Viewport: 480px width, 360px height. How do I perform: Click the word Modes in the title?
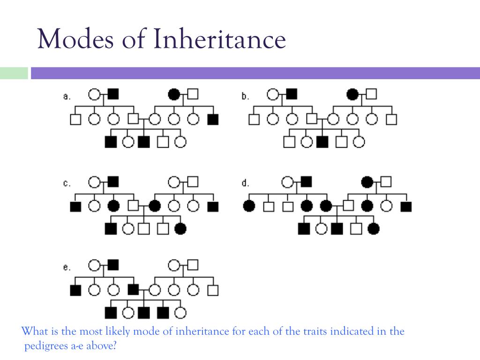(x=75, y=39)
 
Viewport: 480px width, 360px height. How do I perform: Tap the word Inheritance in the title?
(x=219, y=39)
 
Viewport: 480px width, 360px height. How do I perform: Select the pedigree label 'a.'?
(x=67, y=97)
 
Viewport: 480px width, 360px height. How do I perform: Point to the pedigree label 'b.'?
(x=245, y=97)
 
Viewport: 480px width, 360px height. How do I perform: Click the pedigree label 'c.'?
(x=67, y=183)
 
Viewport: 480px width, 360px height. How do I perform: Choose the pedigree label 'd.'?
(x=245, y=183)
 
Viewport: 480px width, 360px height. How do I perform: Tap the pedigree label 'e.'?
(x=67, y=268)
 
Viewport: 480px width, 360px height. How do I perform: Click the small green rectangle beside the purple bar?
(x=14, y=74)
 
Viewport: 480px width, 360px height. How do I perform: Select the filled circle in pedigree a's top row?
(x=174, y=95)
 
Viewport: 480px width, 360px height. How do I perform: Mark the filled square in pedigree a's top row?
(x=113, y=94)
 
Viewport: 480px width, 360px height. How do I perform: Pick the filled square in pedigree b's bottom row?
(x=322, y=141)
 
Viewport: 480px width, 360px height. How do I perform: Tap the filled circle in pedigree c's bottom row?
(x=180, y=229)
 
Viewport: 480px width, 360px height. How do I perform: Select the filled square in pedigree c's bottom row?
(x=111, y=229)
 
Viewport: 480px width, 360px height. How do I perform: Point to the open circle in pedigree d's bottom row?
(x=321, y=229)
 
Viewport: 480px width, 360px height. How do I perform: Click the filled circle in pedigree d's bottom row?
(x=374, y=229)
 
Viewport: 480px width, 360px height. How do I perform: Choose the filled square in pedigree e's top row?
(x=113, y=265)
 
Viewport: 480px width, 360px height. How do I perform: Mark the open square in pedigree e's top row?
(x=192, y=265)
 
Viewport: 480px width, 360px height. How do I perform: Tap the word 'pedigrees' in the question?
(x=45, y=347)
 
